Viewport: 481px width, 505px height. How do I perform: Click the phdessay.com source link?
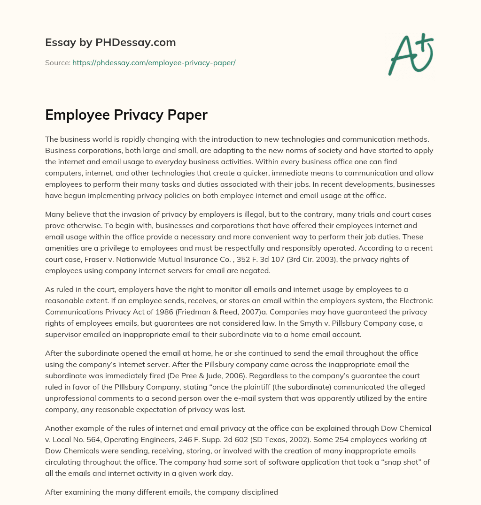pos(154,62)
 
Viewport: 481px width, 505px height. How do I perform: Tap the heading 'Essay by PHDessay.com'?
pos(110,43)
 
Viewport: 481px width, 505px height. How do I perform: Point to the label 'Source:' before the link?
pos(57,62)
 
